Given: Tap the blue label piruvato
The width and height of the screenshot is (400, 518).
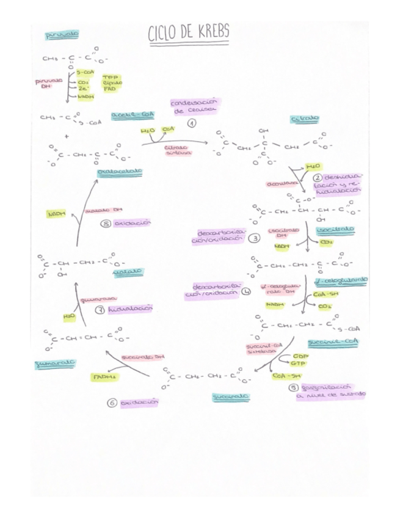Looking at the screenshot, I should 62,35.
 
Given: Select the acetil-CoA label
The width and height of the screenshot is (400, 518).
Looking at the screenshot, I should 133,115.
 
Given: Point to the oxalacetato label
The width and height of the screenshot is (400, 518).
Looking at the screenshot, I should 120,172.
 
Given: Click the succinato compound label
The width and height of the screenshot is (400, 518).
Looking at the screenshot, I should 231,397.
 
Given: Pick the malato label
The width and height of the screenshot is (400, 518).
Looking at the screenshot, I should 128,271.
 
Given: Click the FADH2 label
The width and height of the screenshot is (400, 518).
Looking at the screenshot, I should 103,377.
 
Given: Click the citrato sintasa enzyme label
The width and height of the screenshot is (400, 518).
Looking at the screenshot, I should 178,150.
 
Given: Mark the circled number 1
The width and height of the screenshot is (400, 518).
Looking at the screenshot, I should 192,123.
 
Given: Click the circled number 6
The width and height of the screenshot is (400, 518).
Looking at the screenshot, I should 112,403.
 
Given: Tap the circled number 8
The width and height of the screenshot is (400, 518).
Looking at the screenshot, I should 106,224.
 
